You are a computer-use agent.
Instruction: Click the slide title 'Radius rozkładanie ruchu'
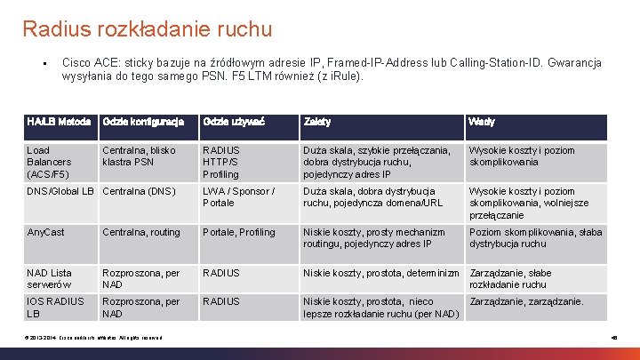[x=148, y=29]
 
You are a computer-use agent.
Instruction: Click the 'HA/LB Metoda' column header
[x=59, y=122]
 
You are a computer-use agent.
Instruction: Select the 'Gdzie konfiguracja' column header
[x=143, y=122]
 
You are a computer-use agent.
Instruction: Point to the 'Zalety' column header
[x=317, y=122]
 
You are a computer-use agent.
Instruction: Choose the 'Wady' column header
[x=483, y=122]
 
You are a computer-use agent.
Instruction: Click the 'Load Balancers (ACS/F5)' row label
[x=50, y=162]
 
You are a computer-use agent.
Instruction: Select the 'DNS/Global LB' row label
[x=60, y=191]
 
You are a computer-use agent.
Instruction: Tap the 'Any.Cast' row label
[x=47, y=232]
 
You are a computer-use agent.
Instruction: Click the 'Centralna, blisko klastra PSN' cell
[x=140, y=156]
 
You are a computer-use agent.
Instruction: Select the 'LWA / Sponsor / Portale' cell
[x=238, y=196]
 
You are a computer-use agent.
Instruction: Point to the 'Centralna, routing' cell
[x=141, y=232]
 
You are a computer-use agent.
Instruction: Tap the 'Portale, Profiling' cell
[x=239, y=232]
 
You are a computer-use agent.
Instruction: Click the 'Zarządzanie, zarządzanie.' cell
[x=526, y=301]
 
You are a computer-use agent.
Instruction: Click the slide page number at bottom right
[x=614, y=339]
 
